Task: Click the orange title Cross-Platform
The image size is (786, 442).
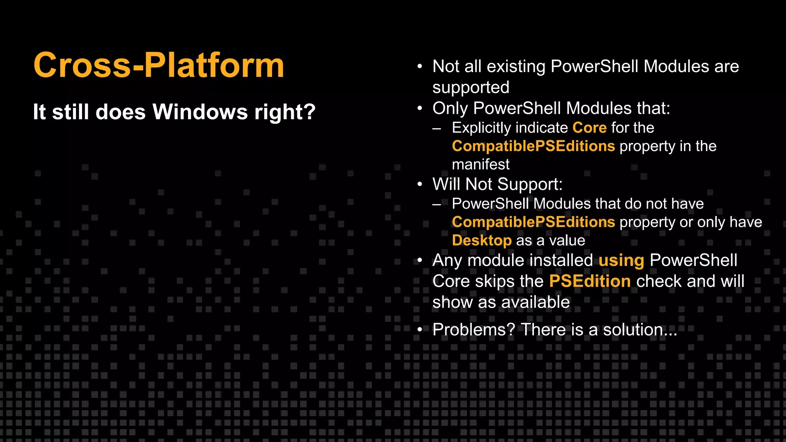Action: click(159, 65)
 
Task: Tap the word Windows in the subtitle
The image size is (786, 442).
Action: click(200, 112)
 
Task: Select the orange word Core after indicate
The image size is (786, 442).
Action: click(589, 128)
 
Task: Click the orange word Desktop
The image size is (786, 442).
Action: click(482, 241)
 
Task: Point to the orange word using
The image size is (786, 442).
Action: click(621, 261)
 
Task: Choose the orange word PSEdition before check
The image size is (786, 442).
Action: click(589, 281)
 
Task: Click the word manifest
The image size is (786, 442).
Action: click(481, 165)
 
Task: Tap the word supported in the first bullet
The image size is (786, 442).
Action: click(471, 87)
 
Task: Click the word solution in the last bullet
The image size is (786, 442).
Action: click(632, 330)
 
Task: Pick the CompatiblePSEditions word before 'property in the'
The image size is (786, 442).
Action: click(533, 146)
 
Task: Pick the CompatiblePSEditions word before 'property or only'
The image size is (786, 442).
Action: click(533, 222)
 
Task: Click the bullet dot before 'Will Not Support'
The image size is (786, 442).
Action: click(420, 185)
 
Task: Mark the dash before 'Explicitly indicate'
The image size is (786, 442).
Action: click(436, 128)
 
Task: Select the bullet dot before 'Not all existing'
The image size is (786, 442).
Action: click(420, 67)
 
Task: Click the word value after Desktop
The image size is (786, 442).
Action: click(567, 241)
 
